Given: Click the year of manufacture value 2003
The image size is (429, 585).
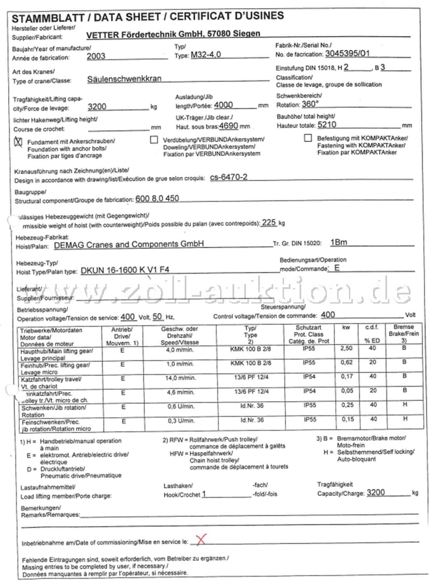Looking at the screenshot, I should click(96, 56).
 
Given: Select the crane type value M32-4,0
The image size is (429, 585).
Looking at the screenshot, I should click(206, 55).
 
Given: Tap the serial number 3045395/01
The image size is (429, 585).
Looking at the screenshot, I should click(347, 53).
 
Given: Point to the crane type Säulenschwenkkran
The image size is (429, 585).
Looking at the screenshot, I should click(124, 79).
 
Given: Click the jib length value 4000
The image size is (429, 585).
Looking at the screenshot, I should click(223, 105).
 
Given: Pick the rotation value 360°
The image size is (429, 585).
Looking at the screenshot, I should click(310, 104).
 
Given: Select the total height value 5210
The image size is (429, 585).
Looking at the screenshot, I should click(327, 124).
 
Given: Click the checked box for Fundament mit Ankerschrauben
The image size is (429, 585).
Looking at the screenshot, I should click(18, 142).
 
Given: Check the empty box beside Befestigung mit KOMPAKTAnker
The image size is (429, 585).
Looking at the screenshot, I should click(307, 138).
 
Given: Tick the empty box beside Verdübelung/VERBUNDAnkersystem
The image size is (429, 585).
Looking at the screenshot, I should click(154, 140).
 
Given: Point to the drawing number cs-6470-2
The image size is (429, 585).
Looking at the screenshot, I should click(228, 177).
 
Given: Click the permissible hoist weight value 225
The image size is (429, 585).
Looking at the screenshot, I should click(269, 223).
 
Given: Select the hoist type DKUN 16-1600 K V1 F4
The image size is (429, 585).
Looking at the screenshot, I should click(125, 270).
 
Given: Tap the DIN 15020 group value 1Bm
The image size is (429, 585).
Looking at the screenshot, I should click(338, 242).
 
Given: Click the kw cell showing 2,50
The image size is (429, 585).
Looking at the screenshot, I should click(346, 348).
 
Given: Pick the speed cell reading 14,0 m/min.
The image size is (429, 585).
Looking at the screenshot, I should click(181, 378).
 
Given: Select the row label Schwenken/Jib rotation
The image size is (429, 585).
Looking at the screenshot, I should click(54, 408).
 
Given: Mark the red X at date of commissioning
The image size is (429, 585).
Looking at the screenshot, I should click(201, 540).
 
